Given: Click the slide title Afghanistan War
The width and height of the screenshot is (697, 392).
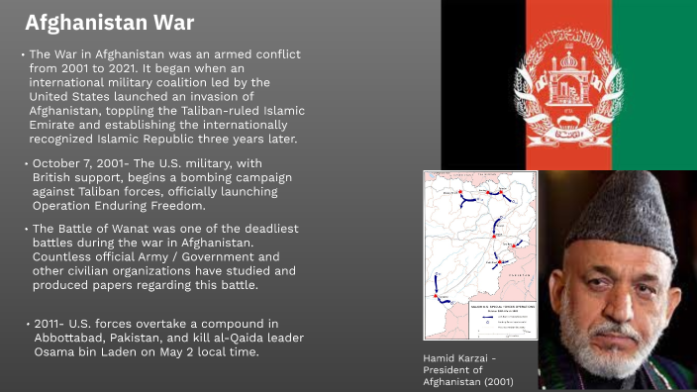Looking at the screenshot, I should click(109, 22).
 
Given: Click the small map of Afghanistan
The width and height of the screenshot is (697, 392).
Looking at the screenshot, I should click(479, 254).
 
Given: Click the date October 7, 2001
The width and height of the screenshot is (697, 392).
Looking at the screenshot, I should click(79, 164).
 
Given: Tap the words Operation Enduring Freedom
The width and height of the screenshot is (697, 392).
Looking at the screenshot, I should click(118, 206).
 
